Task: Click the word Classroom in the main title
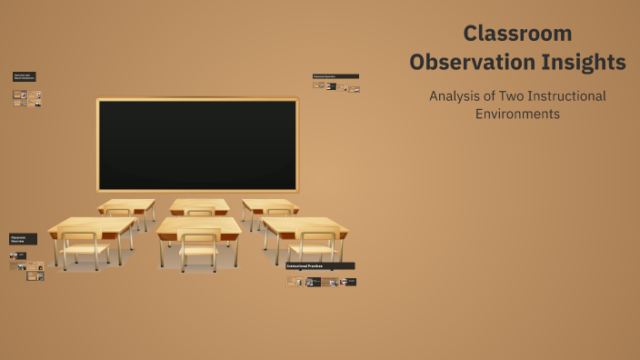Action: point(517,34)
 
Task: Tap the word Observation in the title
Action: point(470,63)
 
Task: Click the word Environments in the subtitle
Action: point(517,115)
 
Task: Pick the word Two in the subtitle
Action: point(516,95)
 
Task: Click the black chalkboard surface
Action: point(197,145)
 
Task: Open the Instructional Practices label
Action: point(320,265)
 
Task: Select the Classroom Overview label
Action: point(24,239)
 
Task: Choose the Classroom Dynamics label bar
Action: point(335,76)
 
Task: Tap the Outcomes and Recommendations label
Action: point(25,77)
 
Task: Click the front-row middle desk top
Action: point(199,226)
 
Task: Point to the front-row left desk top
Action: point(92,225)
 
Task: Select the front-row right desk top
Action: point(305,225)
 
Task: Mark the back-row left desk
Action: point(126,206)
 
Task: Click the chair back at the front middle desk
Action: point(199,242)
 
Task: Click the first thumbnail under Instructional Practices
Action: point(292,282)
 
